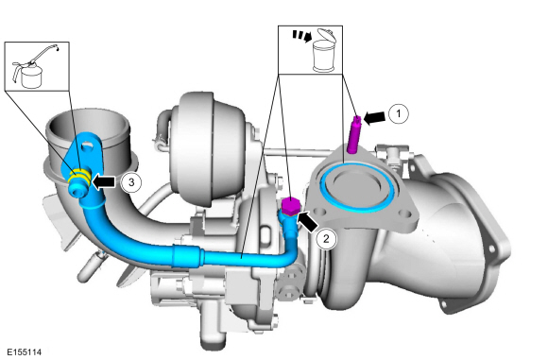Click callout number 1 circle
tap(398, 113)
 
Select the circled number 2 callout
tap(326, 239)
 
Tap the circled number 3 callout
tap(131, 182)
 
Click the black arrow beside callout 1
tap(374, 117)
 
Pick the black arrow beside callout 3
tap(103, 181)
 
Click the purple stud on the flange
tap(354, 135)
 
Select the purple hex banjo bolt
tap(291, 206)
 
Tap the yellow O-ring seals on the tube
tap(79, 177)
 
